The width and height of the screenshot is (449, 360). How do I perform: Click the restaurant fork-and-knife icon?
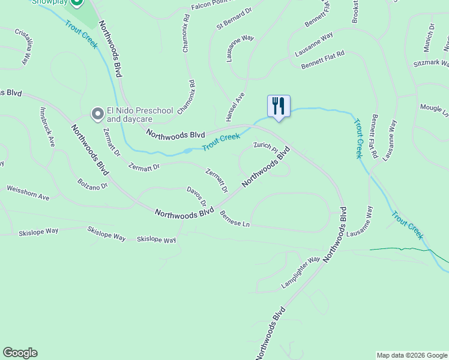coord(279,106)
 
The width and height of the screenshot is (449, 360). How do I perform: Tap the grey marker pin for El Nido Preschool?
coord(97,113)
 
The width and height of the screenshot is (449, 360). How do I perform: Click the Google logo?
coord(20,353)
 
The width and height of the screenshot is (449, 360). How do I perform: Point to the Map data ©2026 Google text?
coord(412,355)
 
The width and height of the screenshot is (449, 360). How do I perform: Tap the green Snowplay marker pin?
coord(76,3)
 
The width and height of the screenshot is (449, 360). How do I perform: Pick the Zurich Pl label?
coord(265,146)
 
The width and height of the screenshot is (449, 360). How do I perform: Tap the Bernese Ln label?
coord(234,219)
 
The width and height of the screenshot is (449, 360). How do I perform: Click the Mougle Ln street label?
coord(434,110)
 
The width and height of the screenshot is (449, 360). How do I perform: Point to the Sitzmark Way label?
coord(431,62)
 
